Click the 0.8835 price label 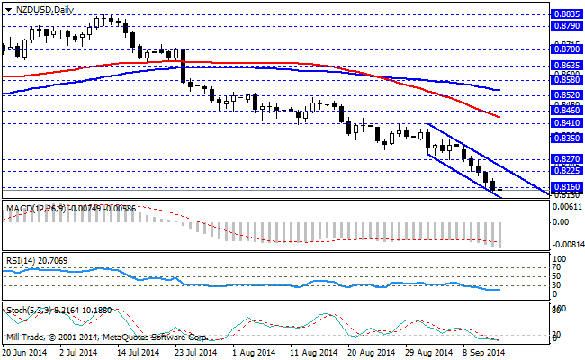point(565,13)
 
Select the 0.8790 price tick point(565,27)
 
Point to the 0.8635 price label point(565,66)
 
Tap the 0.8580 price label point(565,79)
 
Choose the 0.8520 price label point(565,94)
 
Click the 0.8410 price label point(565,122)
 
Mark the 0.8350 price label point(565,139)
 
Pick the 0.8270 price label point(565,157)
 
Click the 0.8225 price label point(565,169)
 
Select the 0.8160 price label point(565,186)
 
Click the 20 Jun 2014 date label point(25,354)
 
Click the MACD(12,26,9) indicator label point(31,208)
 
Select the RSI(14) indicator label point(20,259)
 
